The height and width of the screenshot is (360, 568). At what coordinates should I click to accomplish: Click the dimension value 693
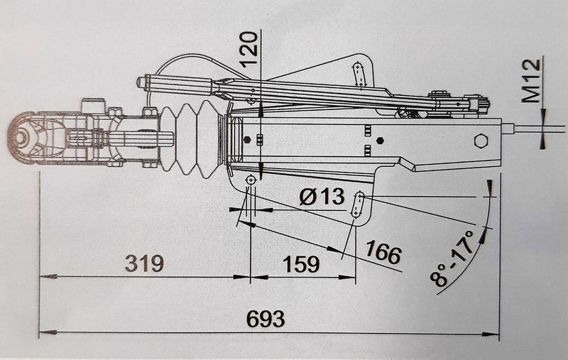[265, 319]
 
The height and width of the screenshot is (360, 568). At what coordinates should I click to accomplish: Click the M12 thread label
[532, 81]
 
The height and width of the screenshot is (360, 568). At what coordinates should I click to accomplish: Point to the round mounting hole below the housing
[250, 182]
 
